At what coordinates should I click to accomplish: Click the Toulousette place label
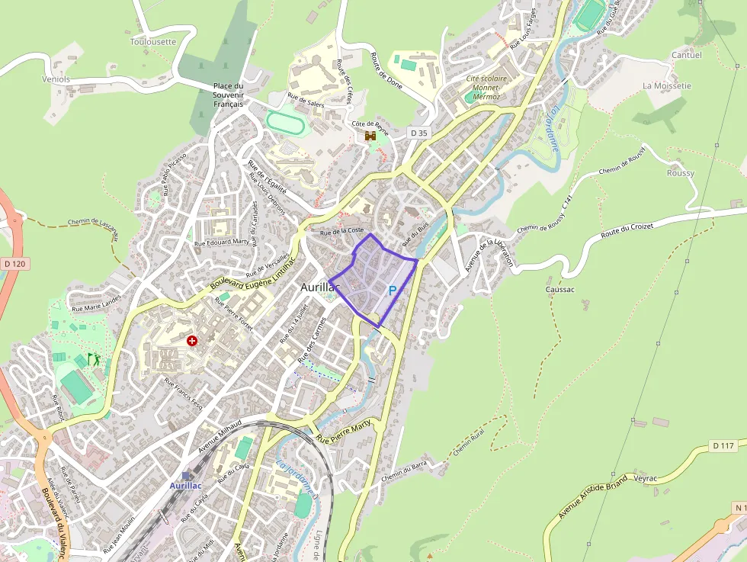pyautogui.click(x=153, y=42)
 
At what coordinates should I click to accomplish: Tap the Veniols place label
pyautogui.click(x=56, y=79)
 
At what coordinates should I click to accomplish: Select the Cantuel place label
pyautogui.click(x=686, y=55)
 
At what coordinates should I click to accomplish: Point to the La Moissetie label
pyautogui.click(x=667, y=85)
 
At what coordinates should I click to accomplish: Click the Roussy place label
pyautogui.click(x=681, y=173)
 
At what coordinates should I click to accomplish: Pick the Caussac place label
pyautogui.click(x=559, y=290)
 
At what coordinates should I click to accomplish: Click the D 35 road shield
pyautogui.click(x=419, y=133)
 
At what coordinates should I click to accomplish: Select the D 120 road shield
pyautogui.click(x=14, y=264)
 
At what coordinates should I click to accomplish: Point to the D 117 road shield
pyautogui.click(x=723, y=445)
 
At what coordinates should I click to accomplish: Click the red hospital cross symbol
pyautogui.click(x=192, y=341)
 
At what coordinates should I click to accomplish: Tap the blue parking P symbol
pyautogui.click(x=393, y=291)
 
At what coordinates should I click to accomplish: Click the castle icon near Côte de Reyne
pyautogui.click(x=371, y=136)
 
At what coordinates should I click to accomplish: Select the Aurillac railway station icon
pyautogui.click(x=187, y=476)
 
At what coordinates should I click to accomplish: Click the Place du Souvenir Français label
pyautogui.click(x=228, y=95)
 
